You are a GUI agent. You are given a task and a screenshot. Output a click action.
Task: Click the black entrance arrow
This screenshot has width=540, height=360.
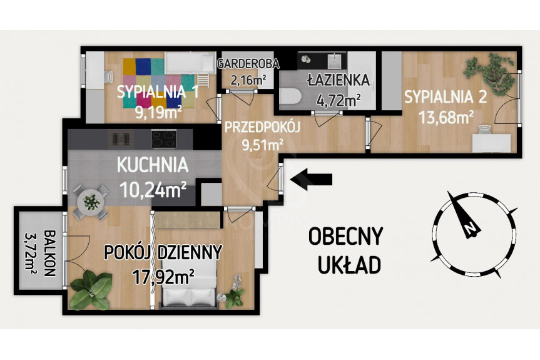tap(312, 179)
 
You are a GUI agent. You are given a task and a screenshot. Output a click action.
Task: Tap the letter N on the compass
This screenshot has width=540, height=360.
tap(469, 229)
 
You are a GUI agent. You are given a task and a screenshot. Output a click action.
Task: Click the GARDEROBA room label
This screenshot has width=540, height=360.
tap(248, 64)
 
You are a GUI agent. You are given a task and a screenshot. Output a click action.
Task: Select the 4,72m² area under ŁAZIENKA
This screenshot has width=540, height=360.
tap(338, 101)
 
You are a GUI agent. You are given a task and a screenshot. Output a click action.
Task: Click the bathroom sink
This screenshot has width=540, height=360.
tap(334, 61)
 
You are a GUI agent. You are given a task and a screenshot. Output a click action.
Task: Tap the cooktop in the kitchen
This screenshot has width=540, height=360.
tap(163, 139)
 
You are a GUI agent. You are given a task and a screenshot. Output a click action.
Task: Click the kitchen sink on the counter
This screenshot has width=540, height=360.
tap(121, 138)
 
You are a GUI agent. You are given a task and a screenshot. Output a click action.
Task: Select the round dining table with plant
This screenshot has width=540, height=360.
tap(91, 202)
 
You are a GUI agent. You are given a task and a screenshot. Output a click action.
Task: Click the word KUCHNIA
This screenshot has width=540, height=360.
tap(153, 165)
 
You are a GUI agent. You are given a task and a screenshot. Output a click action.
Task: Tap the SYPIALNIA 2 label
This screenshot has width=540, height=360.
tap(446, 97)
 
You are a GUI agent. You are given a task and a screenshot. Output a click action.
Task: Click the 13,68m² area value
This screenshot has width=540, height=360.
tap(446, 118)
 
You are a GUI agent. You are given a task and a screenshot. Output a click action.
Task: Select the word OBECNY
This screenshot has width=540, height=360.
tap(345, 236)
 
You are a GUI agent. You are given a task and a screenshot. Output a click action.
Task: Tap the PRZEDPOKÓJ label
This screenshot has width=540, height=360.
tap(262, 126)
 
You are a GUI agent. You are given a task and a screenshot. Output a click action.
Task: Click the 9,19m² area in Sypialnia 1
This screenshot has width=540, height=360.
tap(159, 112)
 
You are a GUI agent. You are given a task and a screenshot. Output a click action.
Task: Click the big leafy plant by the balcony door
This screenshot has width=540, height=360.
tap(91, 290)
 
